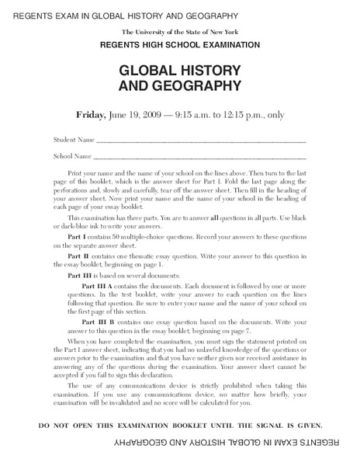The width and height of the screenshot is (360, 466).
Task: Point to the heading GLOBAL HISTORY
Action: pos(180,70)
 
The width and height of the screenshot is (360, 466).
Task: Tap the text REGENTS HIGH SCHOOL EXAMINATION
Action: pos(180,46)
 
